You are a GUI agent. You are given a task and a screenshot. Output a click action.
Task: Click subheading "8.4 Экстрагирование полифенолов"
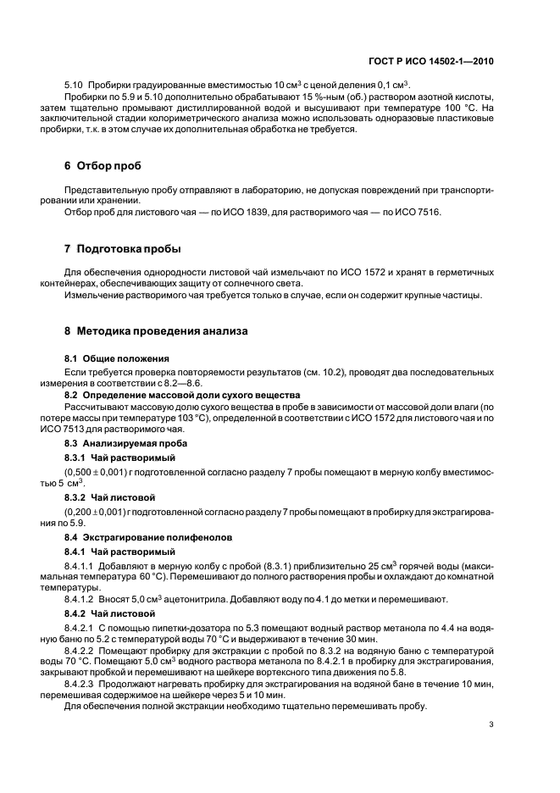[141, 537]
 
